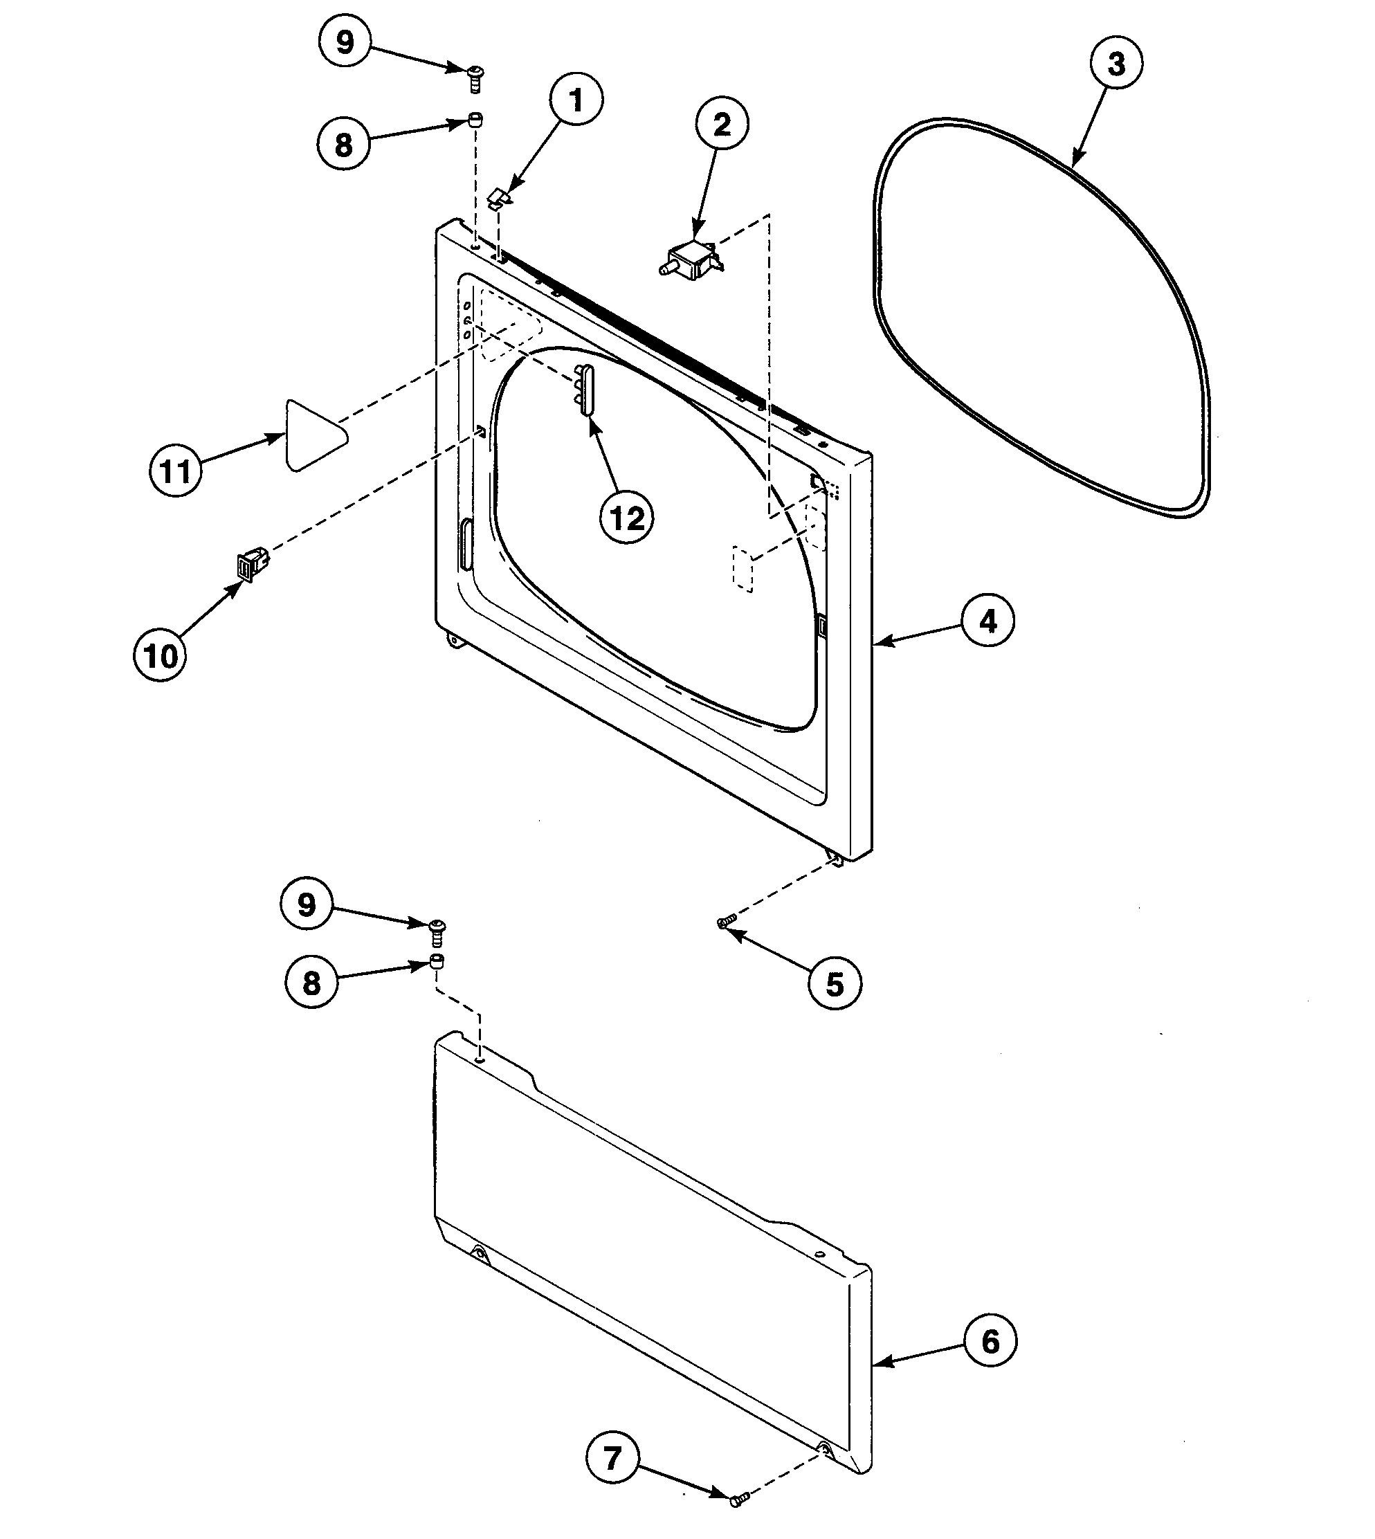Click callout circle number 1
pyautogui.click(x=576, y=100)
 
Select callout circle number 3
pyautogui.click(x=1116, y=64)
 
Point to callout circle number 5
pyautogui.click(x=834, y=985)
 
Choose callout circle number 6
pyautogui.click(x=990, y=1342)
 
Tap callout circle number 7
pyautogui.click(x=612, y=1457)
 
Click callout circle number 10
pyautogui.click(x=160, y=656)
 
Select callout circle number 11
pyautogui.click(x=175, y=471)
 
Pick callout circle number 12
pyautogui.click(x=627, y=518)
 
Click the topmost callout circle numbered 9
pyautogui.click(x=345, y=42)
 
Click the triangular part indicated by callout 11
pyautogui.click(x=311, y=437)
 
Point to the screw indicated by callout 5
pyautogui.click(x=727, y=921)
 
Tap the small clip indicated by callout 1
pyautogui.click(x=499, y=199)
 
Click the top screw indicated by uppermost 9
pyautogui.click(x=475, y=77)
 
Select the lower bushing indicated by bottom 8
pyautogui.click(x=436, y=962)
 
